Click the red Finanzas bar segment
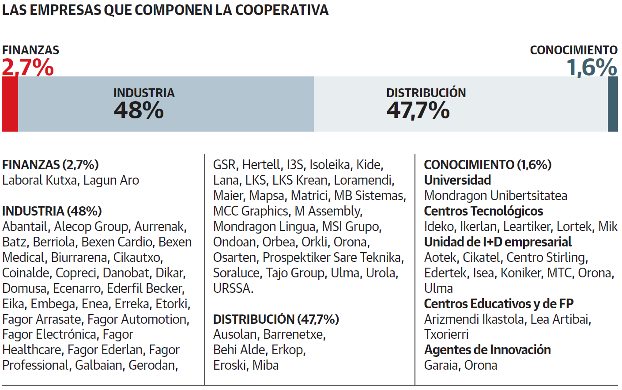(x=10, y=104)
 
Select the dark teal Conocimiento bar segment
(x=613, y=104)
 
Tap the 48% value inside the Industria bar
(x=139, y=110)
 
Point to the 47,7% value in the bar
(x=418, y=110)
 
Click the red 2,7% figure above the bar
(x=28, y=68)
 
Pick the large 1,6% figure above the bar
(x=592, y=68)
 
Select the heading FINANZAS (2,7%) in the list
(x=50, y=165)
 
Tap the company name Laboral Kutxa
(x=39, y=180)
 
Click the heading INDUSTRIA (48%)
(x=52, y=211)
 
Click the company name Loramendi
(x=363, y=180)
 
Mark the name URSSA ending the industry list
(x=232, y=288)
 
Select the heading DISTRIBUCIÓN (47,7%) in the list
(x=276, y=319)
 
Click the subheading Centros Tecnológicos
(x=483, y=211)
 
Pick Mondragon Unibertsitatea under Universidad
(x=495, y=196)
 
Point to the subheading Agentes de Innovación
(x=487, y=350)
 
